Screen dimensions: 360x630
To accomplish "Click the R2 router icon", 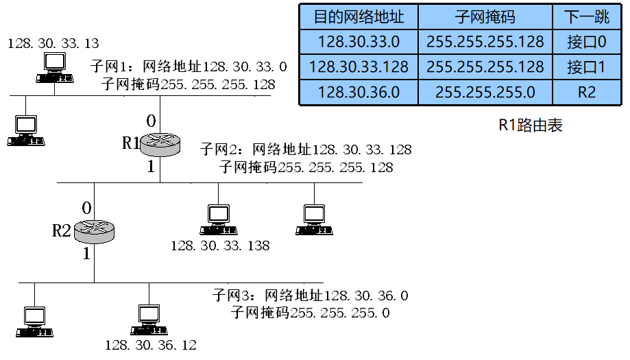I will [93, 230].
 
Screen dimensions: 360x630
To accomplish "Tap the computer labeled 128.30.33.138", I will [219, 220].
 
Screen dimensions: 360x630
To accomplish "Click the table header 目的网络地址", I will [359, 17].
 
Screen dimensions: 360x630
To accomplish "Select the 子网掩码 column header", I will [485, 17].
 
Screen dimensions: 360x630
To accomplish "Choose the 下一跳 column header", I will [586, 17].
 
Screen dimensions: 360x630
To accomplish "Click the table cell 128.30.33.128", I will [359, 67].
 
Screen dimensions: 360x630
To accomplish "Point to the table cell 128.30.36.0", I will [359, 92].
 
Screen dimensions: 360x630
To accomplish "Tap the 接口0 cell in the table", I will [586, 42].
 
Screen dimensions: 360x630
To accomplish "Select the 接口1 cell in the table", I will [586, 67].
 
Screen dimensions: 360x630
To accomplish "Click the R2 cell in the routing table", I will [586, 92].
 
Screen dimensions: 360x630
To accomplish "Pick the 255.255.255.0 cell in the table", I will [485, 92].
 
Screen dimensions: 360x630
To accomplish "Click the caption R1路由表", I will [530, 126].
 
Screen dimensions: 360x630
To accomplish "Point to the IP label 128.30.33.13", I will [53, 44].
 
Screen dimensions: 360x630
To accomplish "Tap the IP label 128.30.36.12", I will [151, 345].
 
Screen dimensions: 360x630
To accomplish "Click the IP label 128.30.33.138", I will [220, 245].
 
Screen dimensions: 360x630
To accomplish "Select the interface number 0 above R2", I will [86, 208].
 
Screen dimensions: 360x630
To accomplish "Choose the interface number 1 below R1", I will [151, 166].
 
